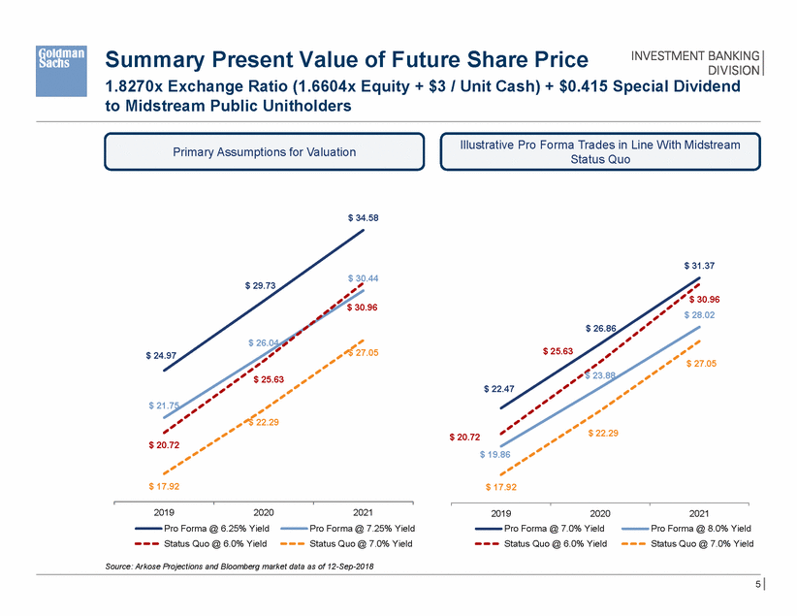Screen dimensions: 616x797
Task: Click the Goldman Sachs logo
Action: pyautogui.click(x=62, y=58)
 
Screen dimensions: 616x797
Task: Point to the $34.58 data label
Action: pyautogui.click(x=364, y=218)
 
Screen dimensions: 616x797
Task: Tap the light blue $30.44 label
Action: pyautogui.click(x=364, y=278)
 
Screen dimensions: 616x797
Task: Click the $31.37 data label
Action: pyautogui.click(x=700, y=264)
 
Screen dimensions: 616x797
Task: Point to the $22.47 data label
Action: pyautogui.click(x=498, y=388)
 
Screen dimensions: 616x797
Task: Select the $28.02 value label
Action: pyautogui.click(x=700, y=315)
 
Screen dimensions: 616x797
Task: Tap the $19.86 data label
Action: pyautogui.click(x=494, y=453)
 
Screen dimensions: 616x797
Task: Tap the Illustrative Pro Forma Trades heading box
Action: pyautogui.click(x=601, y=151)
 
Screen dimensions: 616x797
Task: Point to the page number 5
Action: pyautogui.click(x=755, y=585)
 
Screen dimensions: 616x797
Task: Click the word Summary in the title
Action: pyautogui.click(x=153, y=60)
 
